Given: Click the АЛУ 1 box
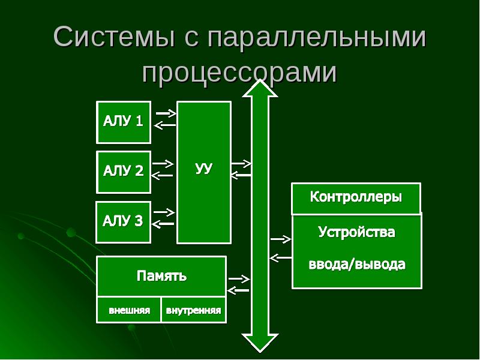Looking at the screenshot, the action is tap(124, 122).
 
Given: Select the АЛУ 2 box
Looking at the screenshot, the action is tap(124, 172).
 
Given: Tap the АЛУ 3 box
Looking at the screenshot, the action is tap(124, 222).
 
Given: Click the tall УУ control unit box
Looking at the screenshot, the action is tap(204, 172).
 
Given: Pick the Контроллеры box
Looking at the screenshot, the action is tap(356, 199).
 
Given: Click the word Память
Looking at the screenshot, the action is tap(161, 276).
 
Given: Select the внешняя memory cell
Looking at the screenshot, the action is tap(129, 310).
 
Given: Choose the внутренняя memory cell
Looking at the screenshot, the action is tap(193, 310).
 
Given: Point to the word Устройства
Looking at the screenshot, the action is tap(356, 232).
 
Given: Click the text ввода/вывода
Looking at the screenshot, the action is tap(357, 264).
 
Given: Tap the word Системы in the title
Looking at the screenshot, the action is tap(115, 37).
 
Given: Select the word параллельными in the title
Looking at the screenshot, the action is tap(317, 38).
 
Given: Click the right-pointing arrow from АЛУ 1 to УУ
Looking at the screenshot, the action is tap(166, 113).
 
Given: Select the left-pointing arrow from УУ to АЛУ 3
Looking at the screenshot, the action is tap(163, 224).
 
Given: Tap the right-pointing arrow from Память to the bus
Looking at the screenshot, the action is tap(239, 279).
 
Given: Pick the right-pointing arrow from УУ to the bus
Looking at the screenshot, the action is tap(242, 164).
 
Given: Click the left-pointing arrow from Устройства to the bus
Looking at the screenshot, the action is tap(281, 258).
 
